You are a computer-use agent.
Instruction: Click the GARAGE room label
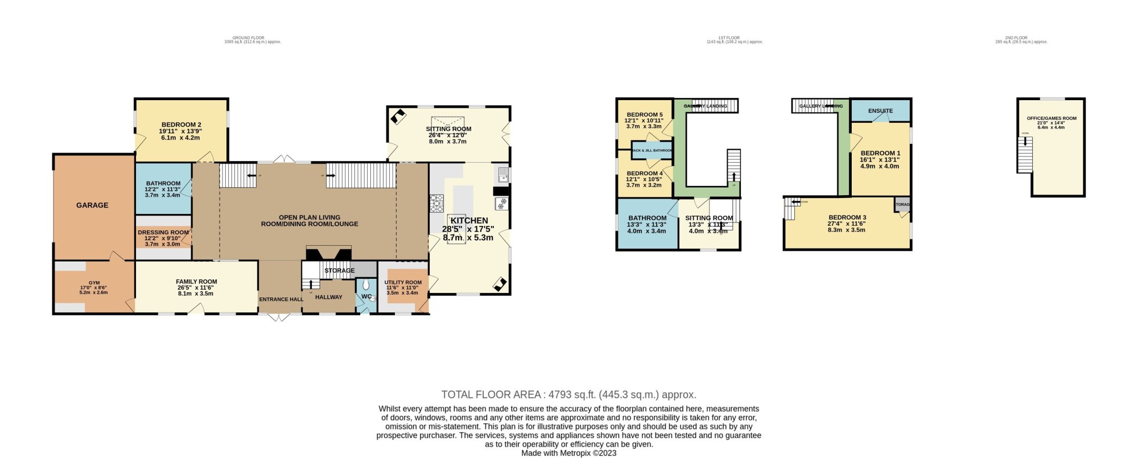(x=92, y=205)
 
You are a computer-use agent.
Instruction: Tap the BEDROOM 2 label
(x=181, y=125)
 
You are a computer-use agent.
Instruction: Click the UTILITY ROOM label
(x=403, y=283)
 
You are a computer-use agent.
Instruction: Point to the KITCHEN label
(x=469, y=221)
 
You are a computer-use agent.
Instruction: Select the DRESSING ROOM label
(x=163, y=232)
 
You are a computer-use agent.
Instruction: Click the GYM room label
(x=94, y=283)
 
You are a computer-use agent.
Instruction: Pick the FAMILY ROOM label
(x=196, y=282)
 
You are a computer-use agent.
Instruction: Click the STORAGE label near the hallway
(x=339, y=271)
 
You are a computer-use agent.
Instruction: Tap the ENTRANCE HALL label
(x=281, y=299)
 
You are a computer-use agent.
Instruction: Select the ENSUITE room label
(x=880, y=111)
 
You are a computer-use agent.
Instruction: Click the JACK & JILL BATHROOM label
(x=652, y=151)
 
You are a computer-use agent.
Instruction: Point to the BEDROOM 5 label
(x=644, y=115)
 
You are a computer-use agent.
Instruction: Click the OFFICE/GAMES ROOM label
(x=1051, y=118)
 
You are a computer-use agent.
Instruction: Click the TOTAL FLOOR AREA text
(x=568, y=395)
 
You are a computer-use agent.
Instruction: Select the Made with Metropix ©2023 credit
(x=568, y=453)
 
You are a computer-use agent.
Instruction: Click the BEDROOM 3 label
(x=847, y=217)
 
